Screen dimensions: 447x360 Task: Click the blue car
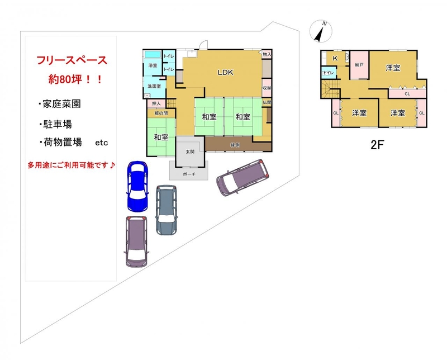click(137, 187)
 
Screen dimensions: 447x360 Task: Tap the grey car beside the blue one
click(166, 210)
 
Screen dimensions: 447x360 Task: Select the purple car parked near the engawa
click(243, 177)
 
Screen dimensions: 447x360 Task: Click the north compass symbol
click(321, 31)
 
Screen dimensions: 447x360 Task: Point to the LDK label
click(226, 73)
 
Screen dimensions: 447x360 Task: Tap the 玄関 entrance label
click(190, 151)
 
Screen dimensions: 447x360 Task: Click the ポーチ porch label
click(189, 174)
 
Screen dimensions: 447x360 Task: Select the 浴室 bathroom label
click(153, 65)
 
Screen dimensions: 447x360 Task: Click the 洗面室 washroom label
click(154, 86)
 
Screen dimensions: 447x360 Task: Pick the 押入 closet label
click(156, 103)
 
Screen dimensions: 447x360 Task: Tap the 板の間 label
click(161, 113)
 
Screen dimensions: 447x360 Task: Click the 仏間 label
click(267, 102)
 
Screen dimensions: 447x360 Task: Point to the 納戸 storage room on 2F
click(359, 65)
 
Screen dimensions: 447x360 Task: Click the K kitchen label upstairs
click(335, 58)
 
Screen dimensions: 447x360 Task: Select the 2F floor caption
click(378, 145)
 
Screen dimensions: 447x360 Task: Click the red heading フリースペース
click(72, 60)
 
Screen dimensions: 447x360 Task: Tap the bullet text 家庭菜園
click(61, 104)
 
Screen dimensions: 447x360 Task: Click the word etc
click(102, 143)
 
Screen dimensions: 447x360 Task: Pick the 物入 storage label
click(267, 54)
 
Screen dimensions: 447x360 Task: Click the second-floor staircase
click(331, 89)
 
